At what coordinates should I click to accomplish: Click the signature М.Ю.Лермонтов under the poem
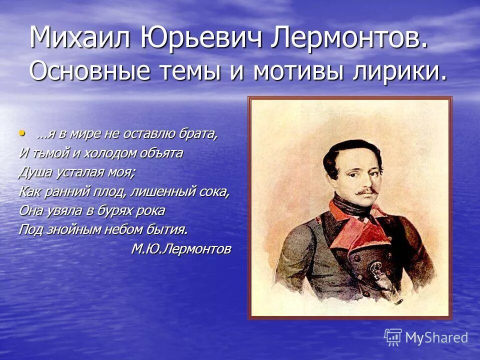(181, 248)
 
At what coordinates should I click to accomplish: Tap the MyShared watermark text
(436, 337)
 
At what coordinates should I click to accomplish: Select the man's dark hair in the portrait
(350, 145)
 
